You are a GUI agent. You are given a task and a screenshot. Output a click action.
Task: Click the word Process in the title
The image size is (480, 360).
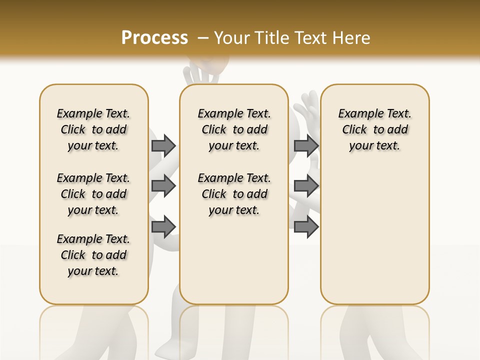click(154, 37)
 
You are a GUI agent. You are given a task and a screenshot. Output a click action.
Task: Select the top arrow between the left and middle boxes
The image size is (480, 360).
click(163, 145)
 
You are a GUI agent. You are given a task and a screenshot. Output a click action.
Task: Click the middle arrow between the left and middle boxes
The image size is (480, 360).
click(163, 186)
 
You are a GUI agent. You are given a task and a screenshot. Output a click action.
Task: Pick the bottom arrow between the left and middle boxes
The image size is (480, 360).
click(163, 226)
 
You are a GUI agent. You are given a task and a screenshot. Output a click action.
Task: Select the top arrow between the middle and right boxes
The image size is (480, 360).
click(306, 145)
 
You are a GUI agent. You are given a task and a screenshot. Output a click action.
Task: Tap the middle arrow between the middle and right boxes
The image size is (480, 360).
click(306, 186)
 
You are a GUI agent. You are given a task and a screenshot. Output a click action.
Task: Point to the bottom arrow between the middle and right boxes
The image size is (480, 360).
click(306, 226)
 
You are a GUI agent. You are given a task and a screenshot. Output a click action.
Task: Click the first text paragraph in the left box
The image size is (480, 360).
click(93, 129)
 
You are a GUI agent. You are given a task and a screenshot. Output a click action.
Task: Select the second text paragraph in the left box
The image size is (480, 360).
click(93, 194)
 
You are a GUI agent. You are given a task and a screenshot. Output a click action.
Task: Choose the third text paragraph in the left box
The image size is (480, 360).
click(93, 255)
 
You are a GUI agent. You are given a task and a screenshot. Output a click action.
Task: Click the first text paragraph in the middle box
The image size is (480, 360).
click(234, 129)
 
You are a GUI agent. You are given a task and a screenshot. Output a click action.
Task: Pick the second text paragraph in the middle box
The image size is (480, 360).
click(234, 194)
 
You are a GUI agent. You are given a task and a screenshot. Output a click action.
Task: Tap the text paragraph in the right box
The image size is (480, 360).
click(374, 129)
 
